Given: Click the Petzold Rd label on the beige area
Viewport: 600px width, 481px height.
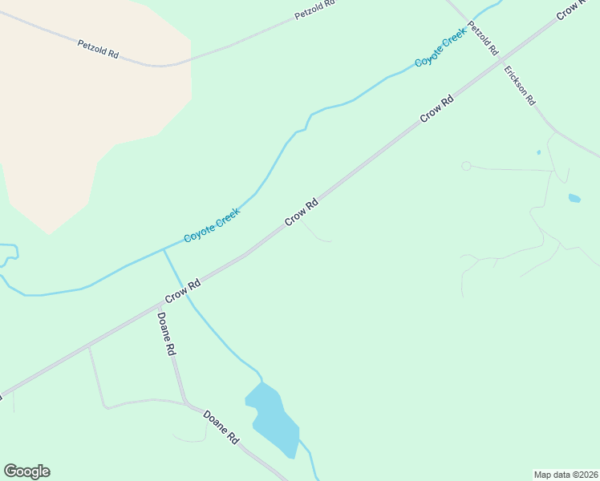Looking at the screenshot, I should point(98,48).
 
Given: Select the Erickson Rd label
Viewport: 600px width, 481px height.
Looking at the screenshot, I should point(520,85).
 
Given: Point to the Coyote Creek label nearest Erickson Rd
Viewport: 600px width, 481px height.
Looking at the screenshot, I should point(440,51).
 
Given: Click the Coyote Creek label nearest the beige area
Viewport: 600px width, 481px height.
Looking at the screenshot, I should point(212,225).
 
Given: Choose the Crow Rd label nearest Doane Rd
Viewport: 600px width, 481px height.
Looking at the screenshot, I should point(183,292).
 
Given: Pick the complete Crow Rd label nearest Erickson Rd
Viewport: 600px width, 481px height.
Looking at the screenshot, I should point(437,109).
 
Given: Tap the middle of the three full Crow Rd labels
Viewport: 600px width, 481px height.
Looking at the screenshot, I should point(302,212).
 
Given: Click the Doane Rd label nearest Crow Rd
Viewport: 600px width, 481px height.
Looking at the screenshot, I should point(166,333).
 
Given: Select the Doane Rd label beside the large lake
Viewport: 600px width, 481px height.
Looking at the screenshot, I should point(221,427).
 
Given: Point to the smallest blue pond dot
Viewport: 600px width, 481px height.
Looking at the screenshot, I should point(538,152).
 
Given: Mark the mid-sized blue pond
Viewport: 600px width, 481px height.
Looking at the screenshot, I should point(574,198).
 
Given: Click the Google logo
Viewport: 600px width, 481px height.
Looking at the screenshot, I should point(26,471).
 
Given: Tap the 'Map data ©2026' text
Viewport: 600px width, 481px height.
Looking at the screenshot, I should point(566,475).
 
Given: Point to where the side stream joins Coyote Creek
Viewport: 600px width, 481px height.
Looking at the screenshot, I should point(164,249).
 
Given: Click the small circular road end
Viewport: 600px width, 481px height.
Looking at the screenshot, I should point(466,166).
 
